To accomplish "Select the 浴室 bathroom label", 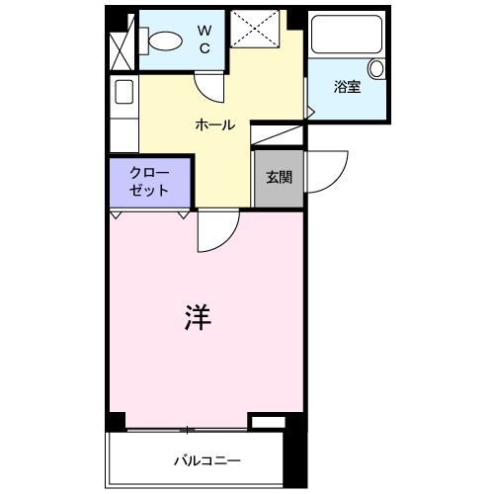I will pyautogui.click(x=346, y=87).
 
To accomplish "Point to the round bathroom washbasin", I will pyautogui.click(x=375, y=68).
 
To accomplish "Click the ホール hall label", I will pyautogui.click(x=215, y=125).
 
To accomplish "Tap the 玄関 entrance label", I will pyautogui.click(x=278, y=178).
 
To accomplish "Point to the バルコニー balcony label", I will pyautogui.click(x=207, y=460).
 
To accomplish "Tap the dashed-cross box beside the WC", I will pyautogui.click(x=259, y=28).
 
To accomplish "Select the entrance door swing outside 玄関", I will pyautogui.click(x=326, y=173).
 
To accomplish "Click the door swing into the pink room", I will pyautogui.click(x=214, y=233).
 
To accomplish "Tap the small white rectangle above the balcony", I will pyautogui.click(x=267, y=423).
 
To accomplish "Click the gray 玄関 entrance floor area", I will pyautogui.click(x=278, y=188).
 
